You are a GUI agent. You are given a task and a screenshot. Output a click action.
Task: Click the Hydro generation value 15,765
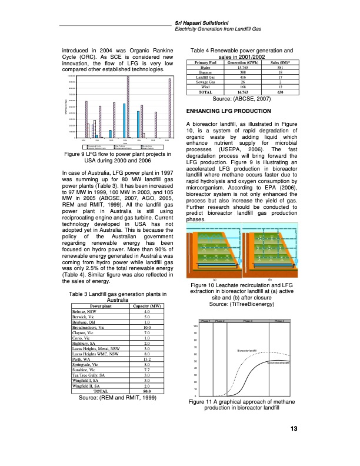click(236, 68)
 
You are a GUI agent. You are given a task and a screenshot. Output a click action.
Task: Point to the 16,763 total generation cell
click(236, 92)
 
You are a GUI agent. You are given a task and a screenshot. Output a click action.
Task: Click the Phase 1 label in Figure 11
click(205, 321)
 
